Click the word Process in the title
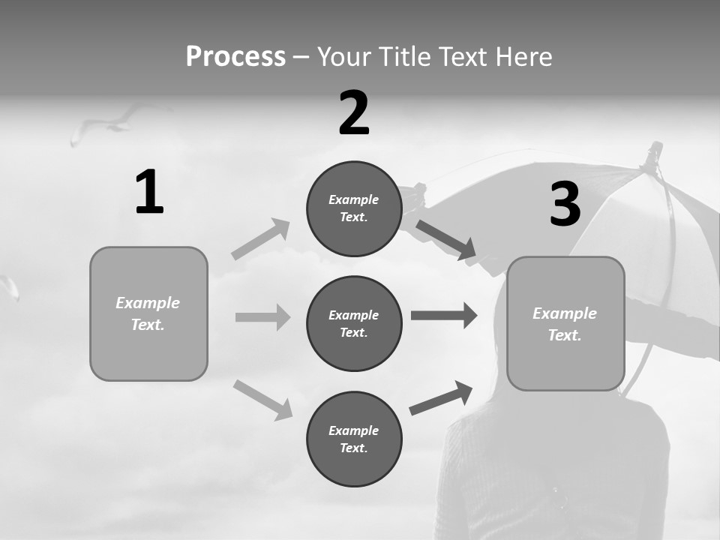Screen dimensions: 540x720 click(x=235, y=57)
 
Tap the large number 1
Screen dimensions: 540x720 click(x=149, y=193)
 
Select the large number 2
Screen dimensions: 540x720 click(x=354, y=113)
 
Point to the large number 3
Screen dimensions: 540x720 click(x=565, y=205)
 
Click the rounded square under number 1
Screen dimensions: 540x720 click(x=148, y=313)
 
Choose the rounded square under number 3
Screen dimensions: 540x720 click(x=565, y=323)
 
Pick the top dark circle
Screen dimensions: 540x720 click(x=354, y=208)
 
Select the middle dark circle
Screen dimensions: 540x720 click(x=354, y=323)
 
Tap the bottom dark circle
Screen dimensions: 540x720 click(x=354, y=439)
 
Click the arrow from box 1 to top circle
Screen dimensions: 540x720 click(x=261, y=238)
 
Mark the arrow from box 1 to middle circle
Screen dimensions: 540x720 click(x=262, y=317)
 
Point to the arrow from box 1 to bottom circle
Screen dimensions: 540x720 click(x=262, y=399)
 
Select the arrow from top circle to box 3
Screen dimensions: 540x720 click(x=446, y=240)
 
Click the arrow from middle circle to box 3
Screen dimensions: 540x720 click(x=444, y=316)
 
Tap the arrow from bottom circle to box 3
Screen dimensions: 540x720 click(x=441, y=397)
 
